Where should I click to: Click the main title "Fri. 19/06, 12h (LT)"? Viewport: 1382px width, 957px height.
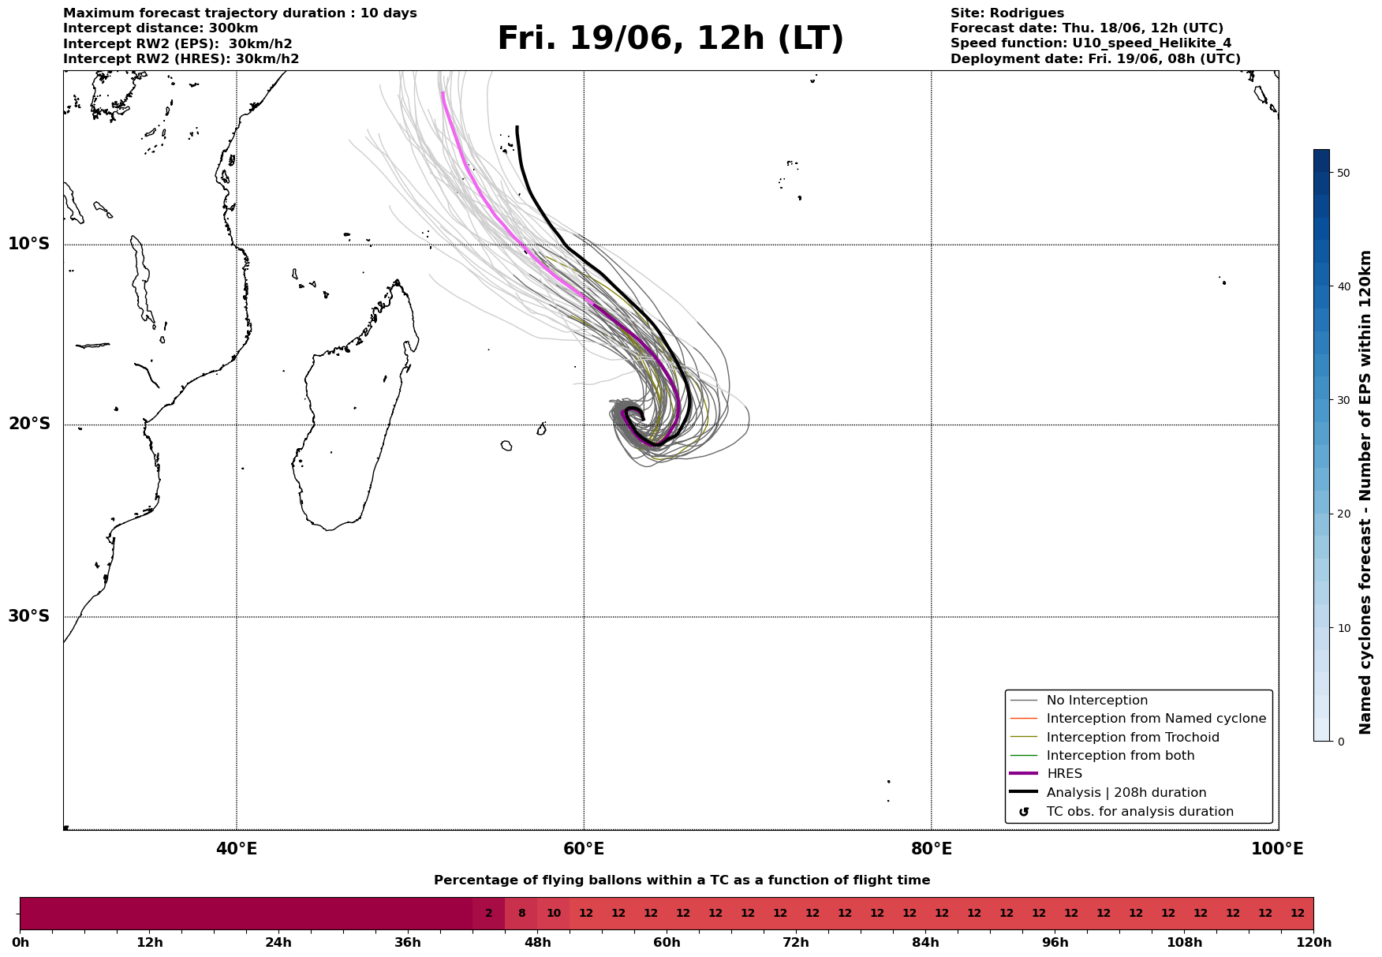point(670,39)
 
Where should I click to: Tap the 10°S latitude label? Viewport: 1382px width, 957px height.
point(29,244)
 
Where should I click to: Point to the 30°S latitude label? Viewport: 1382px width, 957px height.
point(29,616)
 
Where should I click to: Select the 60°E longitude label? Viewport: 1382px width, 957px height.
point(584,849)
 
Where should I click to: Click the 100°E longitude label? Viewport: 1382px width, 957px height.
point(1277,849)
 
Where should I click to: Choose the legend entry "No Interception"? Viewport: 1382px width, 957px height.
point(1096,701)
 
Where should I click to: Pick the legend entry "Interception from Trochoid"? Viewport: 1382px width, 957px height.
point(1133,738)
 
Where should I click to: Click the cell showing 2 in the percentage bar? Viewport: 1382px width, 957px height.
point(488,914)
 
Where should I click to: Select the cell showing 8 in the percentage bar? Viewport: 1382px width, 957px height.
point(521,914)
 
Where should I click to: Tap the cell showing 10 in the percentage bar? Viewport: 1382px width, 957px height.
point(553,914)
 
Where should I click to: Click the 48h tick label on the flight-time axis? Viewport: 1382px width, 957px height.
point(537,943)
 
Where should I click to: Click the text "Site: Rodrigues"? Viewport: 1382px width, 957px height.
point(1007,13)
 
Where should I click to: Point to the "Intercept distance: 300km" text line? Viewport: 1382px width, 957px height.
point(161,28)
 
